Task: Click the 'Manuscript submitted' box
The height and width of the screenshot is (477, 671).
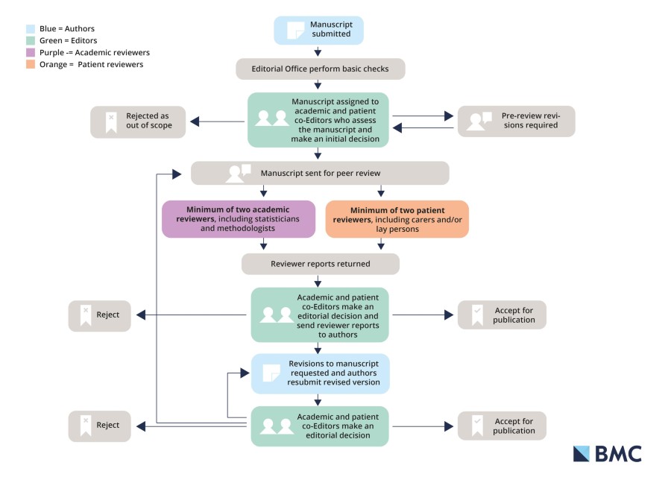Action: (318, 30)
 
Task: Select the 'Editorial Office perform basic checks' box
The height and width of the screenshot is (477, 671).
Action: (321, 69)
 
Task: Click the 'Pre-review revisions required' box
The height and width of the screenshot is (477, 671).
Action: (516, 121)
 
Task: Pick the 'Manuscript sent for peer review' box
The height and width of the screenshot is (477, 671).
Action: (320, 173)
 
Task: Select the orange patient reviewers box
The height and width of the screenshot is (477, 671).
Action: (397, 219)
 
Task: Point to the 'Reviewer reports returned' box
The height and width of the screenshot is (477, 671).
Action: (320, 264)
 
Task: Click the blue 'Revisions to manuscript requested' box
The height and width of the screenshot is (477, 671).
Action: (320, 373)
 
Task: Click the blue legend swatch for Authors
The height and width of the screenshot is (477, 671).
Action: (30, 28)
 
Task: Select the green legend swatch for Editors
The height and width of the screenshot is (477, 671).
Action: (30, 40)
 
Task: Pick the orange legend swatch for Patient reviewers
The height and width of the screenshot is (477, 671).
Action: (30, 64)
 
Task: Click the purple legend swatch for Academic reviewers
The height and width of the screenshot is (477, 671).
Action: (30, 52)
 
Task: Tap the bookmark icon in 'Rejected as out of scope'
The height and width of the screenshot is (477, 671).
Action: (110, 121)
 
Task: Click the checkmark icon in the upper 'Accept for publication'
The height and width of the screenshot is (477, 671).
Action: (476, 315)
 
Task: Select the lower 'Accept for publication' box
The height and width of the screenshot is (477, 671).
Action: (502, 426)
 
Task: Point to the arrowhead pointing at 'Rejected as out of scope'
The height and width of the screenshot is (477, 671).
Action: (193, 121)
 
